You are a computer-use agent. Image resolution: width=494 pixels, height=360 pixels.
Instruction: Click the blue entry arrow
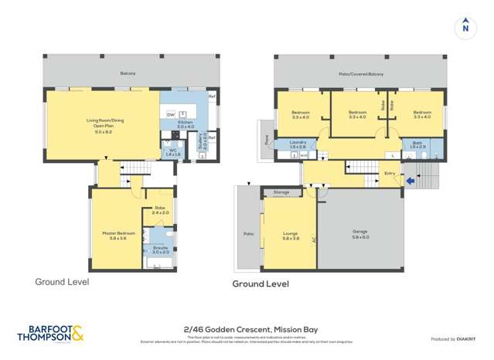pos(411,182)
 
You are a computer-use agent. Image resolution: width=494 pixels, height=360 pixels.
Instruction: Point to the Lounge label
pos(291,235)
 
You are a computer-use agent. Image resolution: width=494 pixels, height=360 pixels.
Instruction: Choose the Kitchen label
pos(186,124)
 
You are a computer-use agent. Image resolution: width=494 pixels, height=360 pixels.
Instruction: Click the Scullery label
pos(200,142)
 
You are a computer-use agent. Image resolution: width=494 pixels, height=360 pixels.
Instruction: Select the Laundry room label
pos(298,144)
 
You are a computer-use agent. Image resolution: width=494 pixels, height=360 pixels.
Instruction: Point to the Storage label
pos(281,192)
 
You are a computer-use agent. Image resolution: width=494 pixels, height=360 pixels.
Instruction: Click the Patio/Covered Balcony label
pos(360,74)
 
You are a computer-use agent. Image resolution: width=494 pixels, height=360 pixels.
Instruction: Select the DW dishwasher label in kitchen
pos(170,115)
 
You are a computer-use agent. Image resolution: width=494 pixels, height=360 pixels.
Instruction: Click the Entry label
pos(390,173)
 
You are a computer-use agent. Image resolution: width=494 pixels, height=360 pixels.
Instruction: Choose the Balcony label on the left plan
pos(128,73)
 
